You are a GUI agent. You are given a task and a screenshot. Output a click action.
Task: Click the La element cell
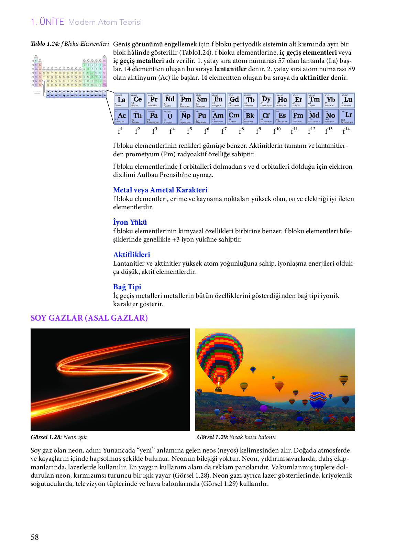[x=121, y=100]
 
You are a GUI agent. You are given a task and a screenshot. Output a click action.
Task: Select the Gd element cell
[x=234, y=100]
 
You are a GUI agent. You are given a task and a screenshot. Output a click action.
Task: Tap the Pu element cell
[x=202, y=116]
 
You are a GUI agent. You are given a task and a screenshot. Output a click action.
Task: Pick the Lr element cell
[x=347, y=116]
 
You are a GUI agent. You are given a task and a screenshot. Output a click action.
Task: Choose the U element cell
[x=170, y=116]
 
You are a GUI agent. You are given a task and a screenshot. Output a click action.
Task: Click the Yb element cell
[x=331, y=100]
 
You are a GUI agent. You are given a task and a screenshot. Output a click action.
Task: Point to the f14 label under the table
[x=346, y=131]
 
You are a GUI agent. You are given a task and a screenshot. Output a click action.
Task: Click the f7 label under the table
[x=224, y=131]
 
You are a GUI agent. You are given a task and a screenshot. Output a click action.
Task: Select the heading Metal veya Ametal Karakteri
[x=160, y=190]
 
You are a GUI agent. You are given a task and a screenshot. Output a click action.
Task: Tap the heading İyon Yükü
[x=130, y=222]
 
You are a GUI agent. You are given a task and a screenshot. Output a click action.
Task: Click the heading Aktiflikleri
[x=132, y=255]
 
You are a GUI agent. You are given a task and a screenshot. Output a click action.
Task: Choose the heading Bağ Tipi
[x=127, y=287]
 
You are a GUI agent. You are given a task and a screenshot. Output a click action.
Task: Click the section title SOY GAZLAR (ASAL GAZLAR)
[x=89, y=318]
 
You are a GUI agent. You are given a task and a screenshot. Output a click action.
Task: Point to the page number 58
[x=35, y=537]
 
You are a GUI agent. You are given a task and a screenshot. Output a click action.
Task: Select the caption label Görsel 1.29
[x=212, y=437]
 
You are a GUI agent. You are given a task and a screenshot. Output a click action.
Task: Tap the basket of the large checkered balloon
[x=218, y=389]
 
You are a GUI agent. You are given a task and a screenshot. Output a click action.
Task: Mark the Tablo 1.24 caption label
[x=45, y=44]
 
